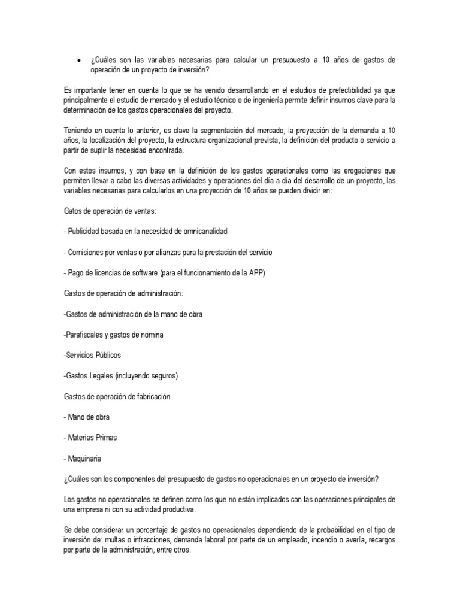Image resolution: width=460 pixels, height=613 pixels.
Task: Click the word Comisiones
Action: (x=87, y=251)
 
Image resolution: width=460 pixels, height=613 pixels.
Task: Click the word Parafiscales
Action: (x=85, y=335)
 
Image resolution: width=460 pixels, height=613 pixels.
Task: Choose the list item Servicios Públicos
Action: (x=92, y=355)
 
